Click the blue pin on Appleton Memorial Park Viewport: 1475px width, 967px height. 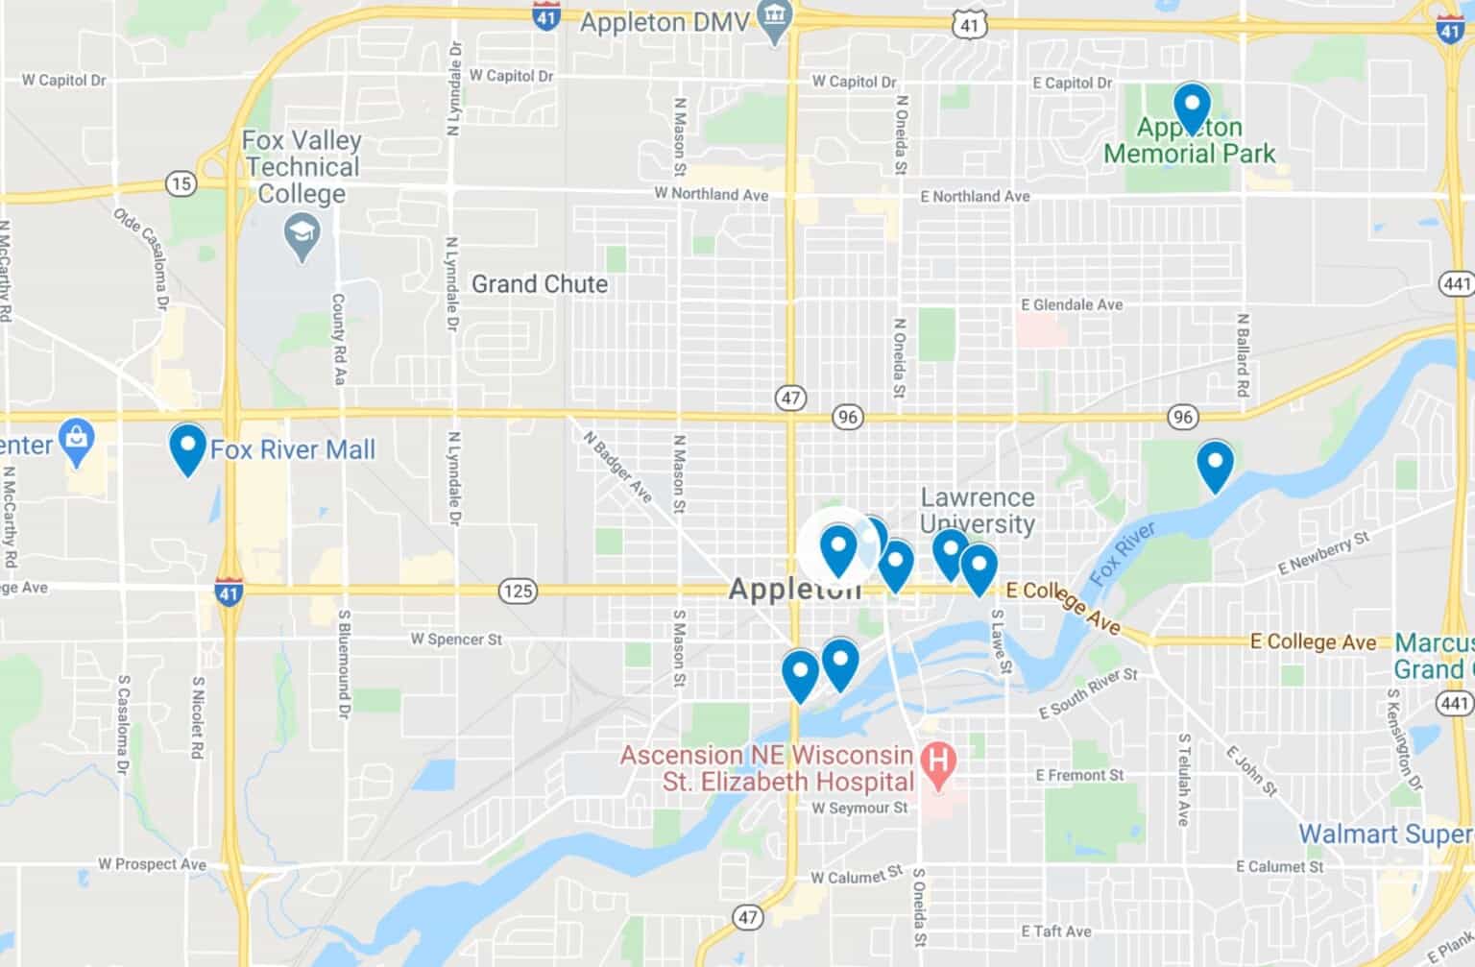[x=1191, y=106]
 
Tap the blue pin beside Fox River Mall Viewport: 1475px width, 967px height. [x=187, y=447]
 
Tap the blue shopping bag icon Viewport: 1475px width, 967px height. [x=76, y=441]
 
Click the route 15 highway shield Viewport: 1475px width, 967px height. [x=181, y=182]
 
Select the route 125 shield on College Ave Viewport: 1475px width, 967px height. [x=518, y=591]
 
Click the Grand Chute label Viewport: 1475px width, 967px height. [x=539, y=284]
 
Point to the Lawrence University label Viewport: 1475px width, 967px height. [x=978, y=511]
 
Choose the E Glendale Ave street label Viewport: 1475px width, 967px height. [x=1072, y=304]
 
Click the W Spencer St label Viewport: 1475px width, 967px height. [x=456, y=639]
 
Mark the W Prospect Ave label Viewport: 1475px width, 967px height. [x=152, y=864]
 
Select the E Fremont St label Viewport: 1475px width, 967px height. [x=1079, y=775]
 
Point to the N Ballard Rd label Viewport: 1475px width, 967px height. [x=1243, y=355]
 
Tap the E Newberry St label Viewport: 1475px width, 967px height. [x=1322, y=554]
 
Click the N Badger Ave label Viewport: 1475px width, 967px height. [x=617, y=466]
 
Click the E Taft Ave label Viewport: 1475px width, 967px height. [x=1056, y=931]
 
